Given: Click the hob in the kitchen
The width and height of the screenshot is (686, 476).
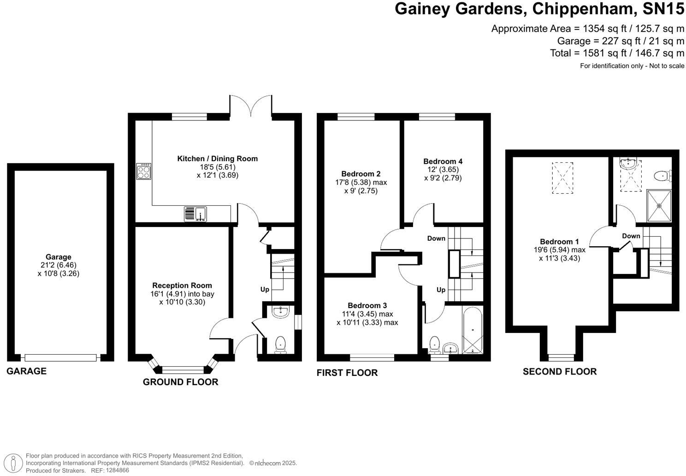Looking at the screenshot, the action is click(x=143, y=172).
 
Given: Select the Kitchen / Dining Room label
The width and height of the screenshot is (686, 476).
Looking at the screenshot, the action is click(x=217, y=159).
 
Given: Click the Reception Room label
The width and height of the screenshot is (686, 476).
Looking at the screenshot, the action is click(x=182, y=286).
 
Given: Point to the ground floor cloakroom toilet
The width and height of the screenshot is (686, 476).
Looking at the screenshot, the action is click(x=280, y=345).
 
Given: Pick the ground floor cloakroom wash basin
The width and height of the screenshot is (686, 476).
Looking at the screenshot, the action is click(x=280, y=312).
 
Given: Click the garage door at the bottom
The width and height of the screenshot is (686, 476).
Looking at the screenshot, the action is click(x=60, y=357).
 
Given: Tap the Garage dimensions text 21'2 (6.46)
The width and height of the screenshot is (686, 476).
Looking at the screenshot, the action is click(x=58, y=265).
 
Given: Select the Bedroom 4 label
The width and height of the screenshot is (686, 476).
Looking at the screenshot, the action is click(x=443, y=161).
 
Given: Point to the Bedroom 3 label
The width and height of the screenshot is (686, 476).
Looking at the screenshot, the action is click(x=367, y=305).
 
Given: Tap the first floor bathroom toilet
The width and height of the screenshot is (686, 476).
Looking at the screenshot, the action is click(x=434, y=344).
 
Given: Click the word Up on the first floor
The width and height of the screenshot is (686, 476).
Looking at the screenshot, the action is click(x=441, y=290).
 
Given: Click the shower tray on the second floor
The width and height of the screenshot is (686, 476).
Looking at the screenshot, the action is click(x=659, y=205).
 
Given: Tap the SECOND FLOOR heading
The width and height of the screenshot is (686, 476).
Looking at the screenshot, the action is click(x=559, y=372).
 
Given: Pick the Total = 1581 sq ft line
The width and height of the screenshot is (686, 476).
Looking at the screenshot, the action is click(x=617, y=53).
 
